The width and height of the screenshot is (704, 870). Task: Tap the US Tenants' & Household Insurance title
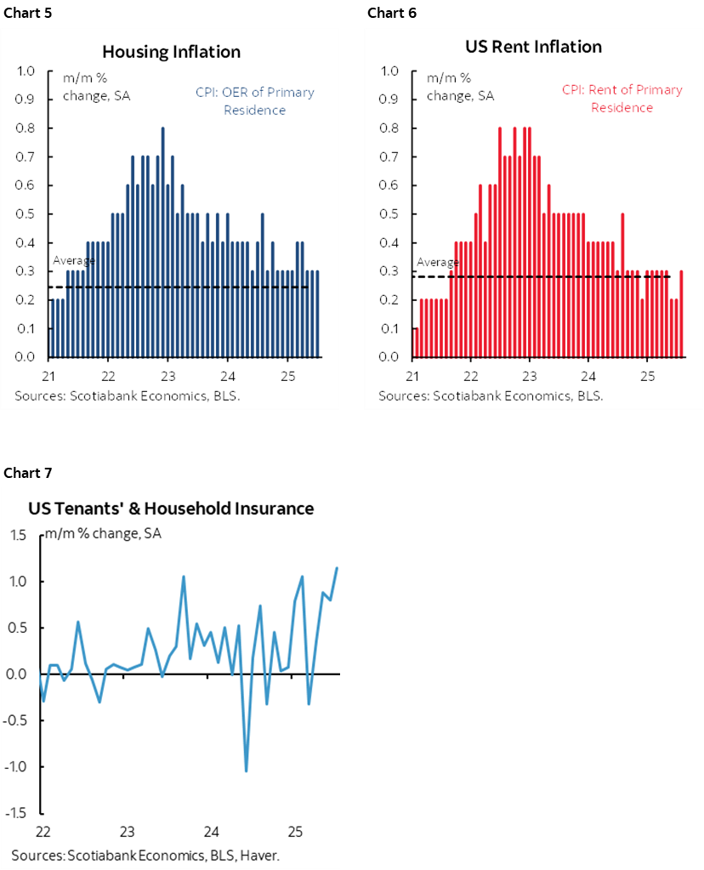[171, 509]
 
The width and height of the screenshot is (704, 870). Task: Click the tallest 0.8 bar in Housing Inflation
[162, 242]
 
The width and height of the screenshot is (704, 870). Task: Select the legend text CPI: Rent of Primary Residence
[622, 99]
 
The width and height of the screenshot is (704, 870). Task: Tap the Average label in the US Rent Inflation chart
[432, 262]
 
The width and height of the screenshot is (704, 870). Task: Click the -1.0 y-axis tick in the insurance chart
[22, 767]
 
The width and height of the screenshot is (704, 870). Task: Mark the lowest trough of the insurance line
[247, 771]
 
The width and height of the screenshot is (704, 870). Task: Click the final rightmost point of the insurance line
[338, 567]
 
